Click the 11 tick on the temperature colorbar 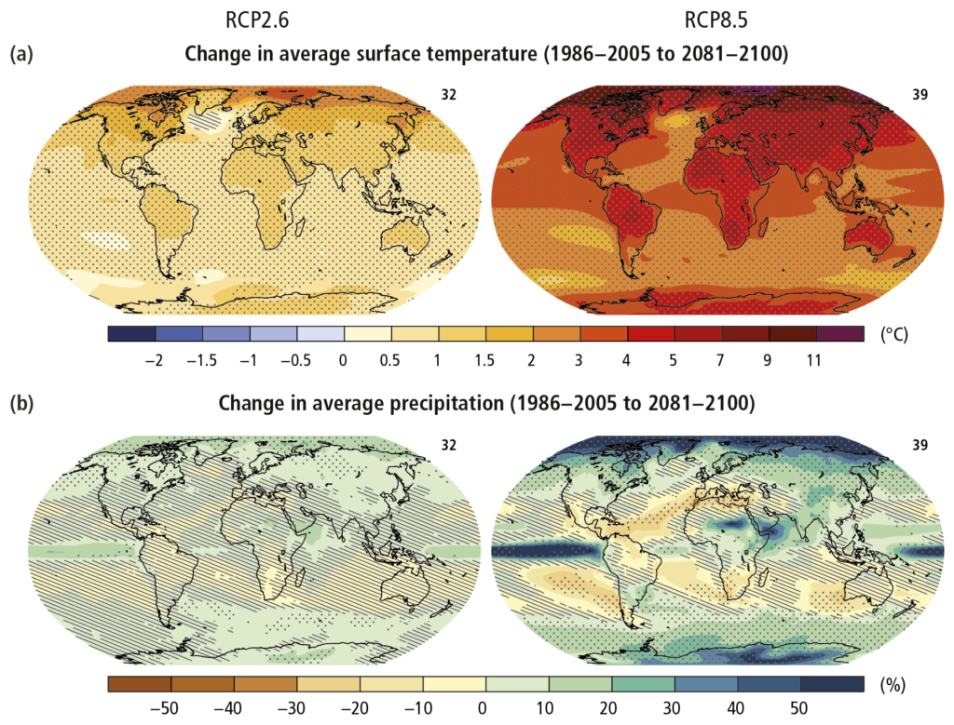point(813,360)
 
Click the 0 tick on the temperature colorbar point(345,360)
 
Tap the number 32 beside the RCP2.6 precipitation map point(449,446)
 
